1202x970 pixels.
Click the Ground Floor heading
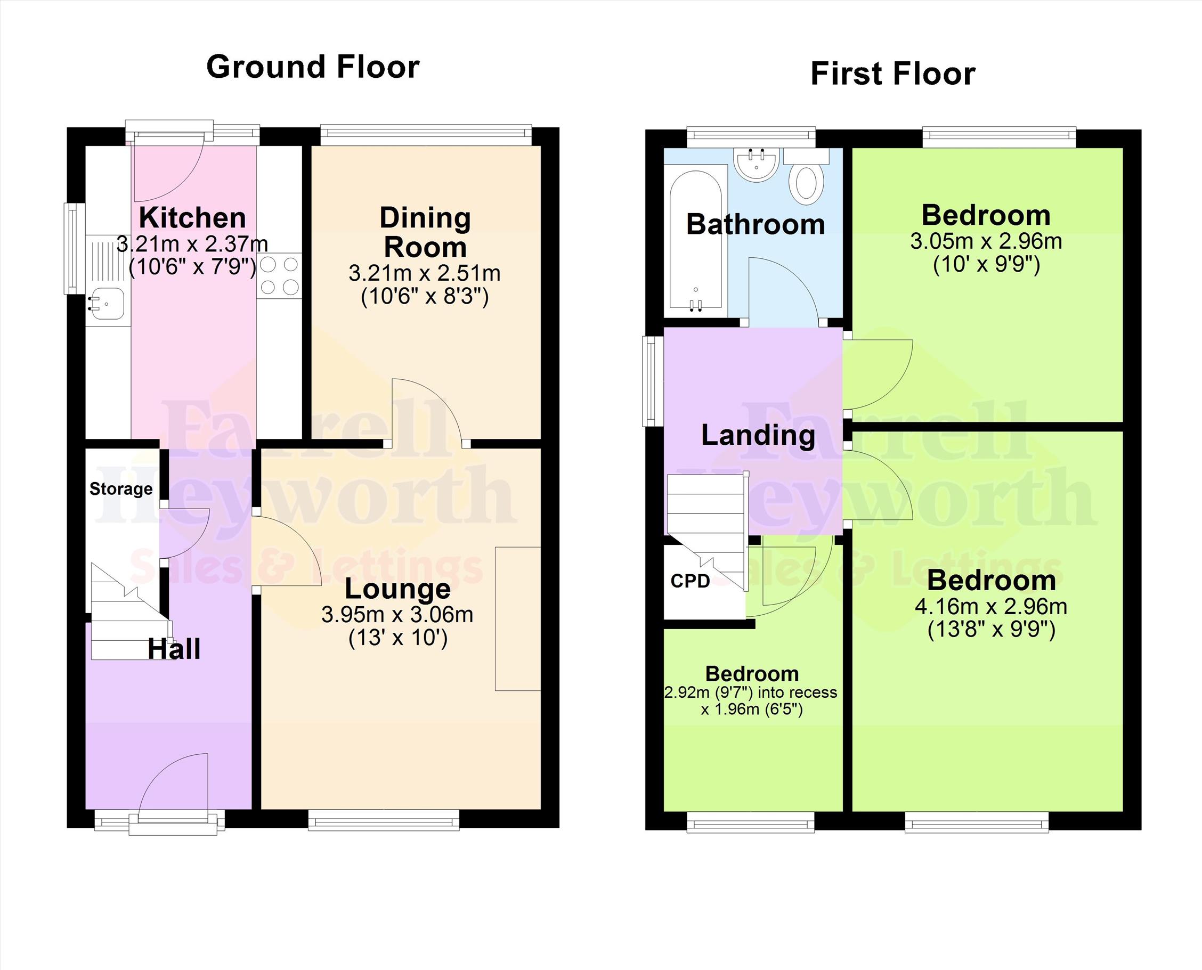[x=313, y=67]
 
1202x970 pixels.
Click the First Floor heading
[x=893, y=74]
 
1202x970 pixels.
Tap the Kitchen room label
[x=192, y=217]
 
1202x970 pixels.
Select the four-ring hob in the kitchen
[x=279, y=275]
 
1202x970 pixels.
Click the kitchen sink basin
[x=106, y=304]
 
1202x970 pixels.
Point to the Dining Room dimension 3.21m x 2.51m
[x=425, y=273]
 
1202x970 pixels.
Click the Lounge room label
[x=397, y=589]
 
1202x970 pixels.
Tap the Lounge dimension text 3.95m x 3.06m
[x=397, y=615]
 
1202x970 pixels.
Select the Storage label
[x=121, y=489]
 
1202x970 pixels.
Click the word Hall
[x=174, y=649]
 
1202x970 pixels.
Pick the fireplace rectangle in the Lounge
[x=517, y=618]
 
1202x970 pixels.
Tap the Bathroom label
[x=756, y=225]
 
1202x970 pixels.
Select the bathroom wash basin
[x=756, y=165]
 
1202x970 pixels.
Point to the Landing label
[x=758, y=435]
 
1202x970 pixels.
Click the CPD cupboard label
[x=690, y=581]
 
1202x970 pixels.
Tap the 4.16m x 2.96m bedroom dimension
[x=991, y=606]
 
